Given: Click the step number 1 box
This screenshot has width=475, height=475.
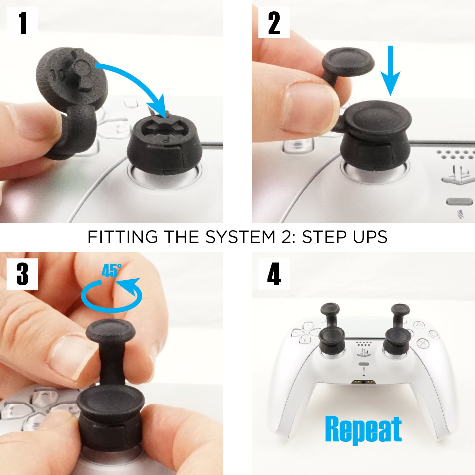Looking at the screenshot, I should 22,22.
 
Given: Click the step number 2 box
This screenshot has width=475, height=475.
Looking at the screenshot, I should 274,22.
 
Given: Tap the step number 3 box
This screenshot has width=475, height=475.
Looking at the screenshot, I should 22,274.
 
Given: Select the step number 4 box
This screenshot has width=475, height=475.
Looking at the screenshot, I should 274,274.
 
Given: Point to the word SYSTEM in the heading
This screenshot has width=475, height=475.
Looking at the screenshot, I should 240,237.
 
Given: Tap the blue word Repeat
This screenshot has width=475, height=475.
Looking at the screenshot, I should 363,429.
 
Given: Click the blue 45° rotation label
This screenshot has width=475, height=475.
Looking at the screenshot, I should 111,271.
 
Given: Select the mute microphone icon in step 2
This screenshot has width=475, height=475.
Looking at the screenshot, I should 460,214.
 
